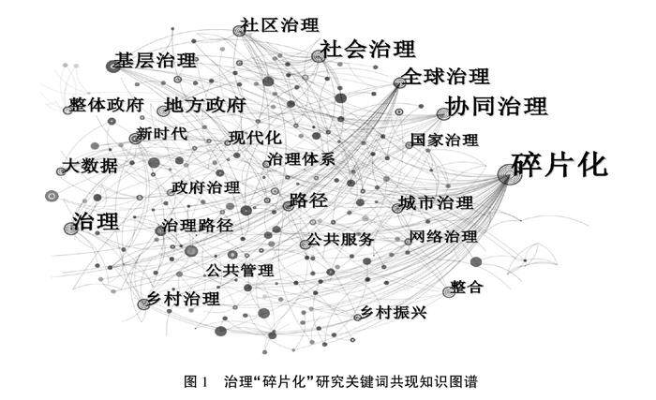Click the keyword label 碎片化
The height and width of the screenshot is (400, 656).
click(x=560, y=166)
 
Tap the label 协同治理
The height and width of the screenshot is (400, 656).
click(x=496, y=105)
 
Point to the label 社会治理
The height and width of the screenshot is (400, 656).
click(x=366, y=49)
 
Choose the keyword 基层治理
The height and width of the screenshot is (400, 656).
click(x=156, y=61)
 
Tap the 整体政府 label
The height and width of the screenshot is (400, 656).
click(x=104, y=105)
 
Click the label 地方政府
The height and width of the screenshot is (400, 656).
click(x=204, y=105)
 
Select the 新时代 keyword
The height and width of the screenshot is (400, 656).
click(x=161, y=134)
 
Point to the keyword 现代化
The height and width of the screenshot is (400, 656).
click(x=254, y=139)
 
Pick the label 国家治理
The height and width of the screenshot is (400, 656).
click(x=443, y=141)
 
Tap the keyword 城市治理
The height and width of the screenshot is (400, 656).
click(x=436, y=202)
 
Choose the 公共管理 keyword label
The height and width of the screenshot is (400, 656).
click(x=240, y=271)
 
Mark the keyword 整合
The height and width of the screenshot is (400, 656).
click(x=466, y=288)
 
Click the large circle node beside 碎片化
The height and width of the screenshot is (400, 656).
click(x=508, y=171)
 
